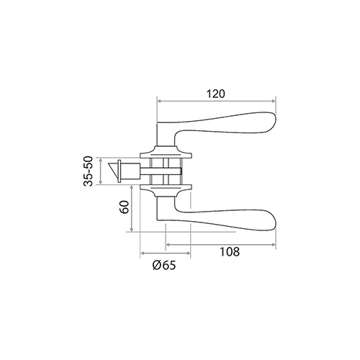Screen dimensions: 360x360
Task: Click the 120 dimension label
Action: pos(216,94)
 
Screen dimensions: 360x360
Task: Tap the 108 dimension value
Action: pos(230,252)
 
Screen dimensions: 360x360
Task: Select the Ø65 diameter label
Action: pos(164,265)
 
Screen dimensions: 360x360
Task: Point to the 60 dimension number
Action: pos(125,207)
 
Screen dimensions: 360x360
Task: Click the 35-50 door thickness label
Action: pos(88,171)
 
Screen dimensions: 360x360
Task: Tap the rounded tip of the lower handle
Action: pos(276,220)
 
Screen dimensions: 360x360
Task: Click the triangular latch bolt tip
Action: pos(113,171)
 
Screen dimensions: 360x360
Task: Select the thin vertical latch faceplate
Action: pos(120,171)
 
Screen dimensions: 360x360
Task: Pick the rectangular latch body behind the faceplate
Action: pos(130,171)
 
